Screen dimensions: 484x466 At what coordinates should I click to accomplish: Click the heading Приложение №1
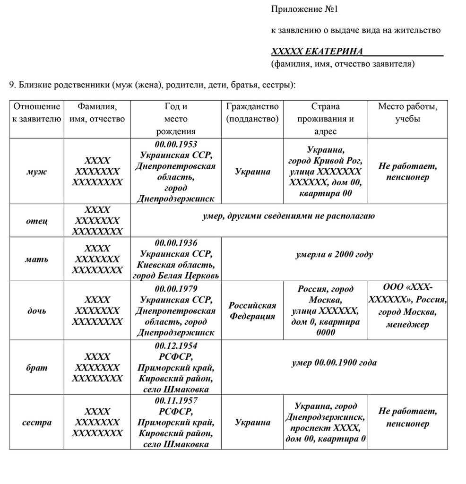click(x=305, y=9)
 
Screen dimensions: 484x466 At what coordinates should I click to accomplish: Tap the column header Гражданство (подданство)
click(x=252, y=112)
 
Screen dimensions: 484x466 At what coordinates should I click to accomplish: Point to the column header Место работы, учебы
click(x=407, y=112)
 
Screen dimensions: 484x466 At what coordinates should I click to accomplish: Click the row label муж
click(x=36, y=172)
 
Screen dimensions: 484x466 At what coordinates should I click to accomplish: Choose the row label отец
click(x=36, y=221)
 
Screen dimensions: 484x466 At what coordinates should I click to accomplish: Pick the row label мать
click(x=36, y=259)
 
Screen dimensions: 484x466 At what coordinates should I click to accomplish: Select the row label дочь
click(x=36, y=311)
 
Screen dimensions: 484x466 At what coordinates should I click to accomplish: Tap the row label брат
click(x=36, y=367)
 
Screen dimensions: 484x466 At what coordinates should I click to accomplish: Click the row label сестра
click(x=36, y=422)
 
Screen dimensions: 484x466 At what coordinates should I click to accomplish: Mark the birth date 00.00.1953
click(x=176, y=144)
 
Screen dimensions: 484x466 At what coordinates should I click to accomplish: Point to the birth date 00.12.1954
click(x=176, y=346)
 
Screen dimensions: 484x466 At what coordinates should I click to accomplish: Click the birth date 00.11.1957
click(x=176, y=400)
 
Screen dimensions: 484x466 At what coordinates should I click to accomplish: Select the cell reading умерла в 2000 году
click(x=334, y=254)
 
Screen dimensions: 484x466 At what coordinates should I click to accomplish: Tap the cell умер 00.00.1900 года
click(x=334, y=363)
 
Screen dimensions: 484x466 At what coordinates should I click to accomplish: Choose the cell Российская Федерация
click(x=252, y=311)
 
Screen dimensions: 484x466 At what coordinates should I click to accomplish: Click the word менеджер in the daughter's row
click(x=407, y=324)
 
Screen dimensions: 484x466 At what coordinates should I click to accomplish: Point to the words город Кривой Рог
click(x=325, y=161)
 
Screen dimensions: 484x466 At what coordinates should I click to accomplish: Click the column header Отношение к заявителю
click(x=36, y=112)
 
